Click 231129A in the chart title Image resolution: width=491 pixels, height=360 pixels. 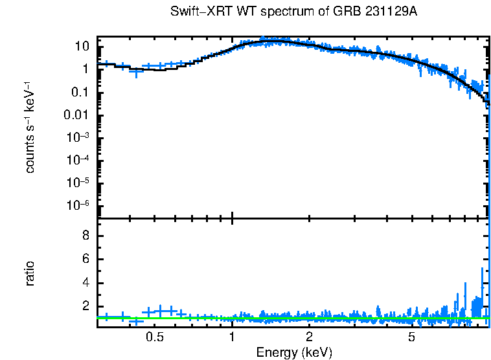click(x=404, y=12)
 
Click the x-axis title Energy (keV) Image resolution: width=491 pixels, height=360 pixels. click(x=294, y=352)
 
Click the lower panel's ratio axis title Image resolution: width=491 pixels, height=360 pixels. click(x=30, y=273)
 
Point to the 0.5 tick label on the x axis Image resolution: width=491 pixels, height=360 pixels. click(x=155, y=337)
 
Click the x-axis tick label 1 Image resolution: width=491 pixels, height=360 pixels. click(x=232, y=337)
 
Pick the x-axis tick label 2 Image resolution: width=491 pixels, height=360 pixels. click(x=310, y=337)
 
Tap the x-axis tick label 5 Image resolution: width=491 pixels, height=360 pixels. click(x=412, y=337)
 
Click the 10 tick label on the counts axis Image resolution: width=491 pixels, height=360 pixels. click(x=82, y=47)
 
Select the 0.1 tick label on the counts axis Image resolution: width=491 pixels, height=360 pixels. click(x=80, y=93)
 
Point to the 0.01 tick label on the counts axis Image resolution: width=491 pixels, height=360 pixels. click(x=77, y=115)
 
